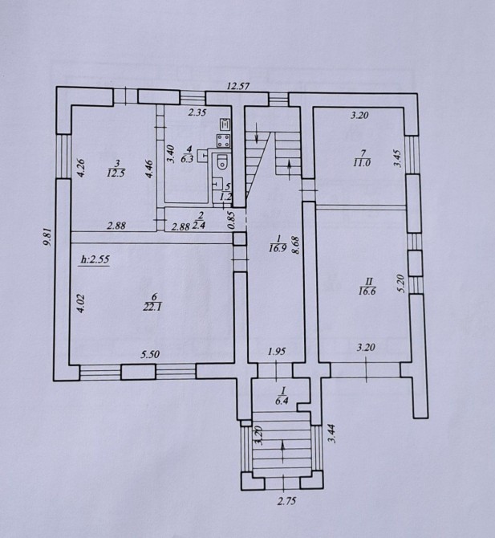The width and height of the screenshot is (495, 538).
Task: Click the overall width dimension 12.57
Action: pos(238,86)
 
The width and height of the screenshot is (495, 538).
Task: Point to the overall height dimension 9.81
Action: pos(48,238)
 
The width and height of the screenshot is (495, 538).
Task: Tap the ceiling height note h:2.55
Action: pos(95,259)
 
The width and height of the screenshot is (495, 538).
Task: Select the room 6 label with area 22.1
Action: pos(152,302)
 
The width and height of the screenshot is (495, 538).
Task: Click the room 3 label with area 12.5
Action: pos(116,169)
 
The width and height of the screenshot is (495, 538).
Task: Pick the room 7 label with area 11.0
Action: pos(362,158)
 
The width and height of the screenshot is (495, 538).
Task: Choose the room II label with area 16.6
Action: pos(367,287)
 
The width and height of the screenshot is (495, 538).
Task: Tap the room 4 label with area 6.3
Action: pos(188,154)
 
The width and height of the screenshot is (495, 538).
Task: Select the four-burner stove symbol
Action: pos(224,141)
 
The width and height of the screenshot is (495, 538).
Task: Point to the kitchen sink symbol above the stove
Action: pos(225,124)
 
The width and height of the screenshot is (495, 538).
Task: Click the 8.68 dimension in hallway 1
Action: pos(297,245)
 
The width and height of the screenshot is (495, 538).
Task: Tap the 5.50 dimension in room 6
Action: pos(150,354)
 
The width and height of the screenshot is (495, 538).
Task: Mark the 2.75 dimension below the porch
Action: pos(286,501)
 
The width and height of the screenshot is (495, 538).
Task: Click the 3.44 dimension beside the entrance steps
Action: pos(332,433)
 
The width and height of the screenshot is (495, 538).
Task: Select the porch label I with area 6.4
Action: pos(282,396)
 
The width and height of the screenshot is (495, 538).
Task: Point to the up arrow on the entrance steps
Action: pos(282,451)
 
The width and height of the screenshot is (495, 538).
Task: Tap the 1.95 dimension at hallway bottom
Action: pos(277,351)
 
